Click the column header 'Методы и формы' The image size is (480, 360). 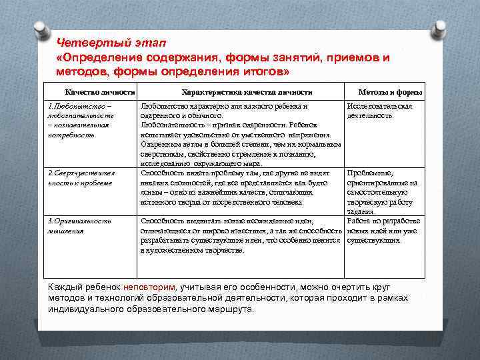[390, 92]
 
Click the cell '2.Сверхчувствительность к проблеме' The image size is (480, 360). [81, 177]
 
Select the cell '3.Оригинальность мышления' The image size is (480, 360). [79, 225]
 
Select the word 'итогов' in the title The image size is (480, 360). [263, 71]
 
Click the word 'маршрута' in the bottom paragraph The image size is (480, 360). [231, 310]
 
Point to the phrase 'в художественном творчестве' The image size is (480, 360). [193, 249]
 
